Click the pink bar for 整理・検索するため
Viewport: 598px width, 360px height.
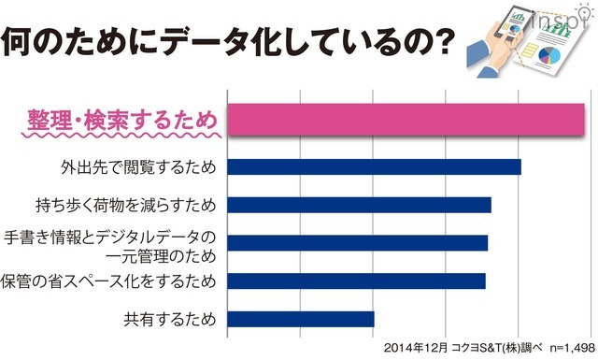pyautogui.click(x=406, y=121)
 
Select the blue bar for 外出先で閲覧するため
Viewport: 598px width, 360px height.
pyautogui.click(x=374, y=167)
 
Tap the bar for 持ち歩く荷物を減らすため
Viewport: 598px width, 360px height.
pyautogui.click(x=359, y=205)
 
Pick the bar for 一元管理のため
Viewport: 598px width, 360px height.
pyautogui.click(x=357, y=243)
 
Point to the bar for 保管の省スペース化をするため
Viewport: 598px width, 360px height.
pyautogui.click(x=356, y=281)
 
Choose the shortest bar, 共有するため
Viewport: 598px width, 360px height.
pyautogui.click(x=300, y=319)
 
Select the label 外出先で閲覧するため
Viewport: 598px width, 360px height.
pyautogui.click(x=138, y=168)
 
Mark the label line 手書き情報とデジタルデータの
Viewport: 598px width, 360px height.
pyautogui.click(x=110, y=235)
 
